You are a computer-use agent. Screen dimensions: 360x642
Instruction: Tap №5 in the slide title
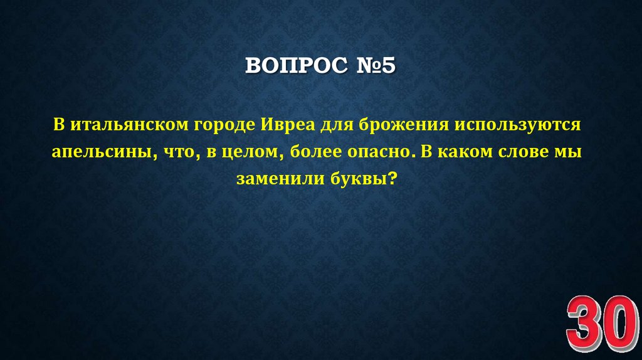coord(372,66)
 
